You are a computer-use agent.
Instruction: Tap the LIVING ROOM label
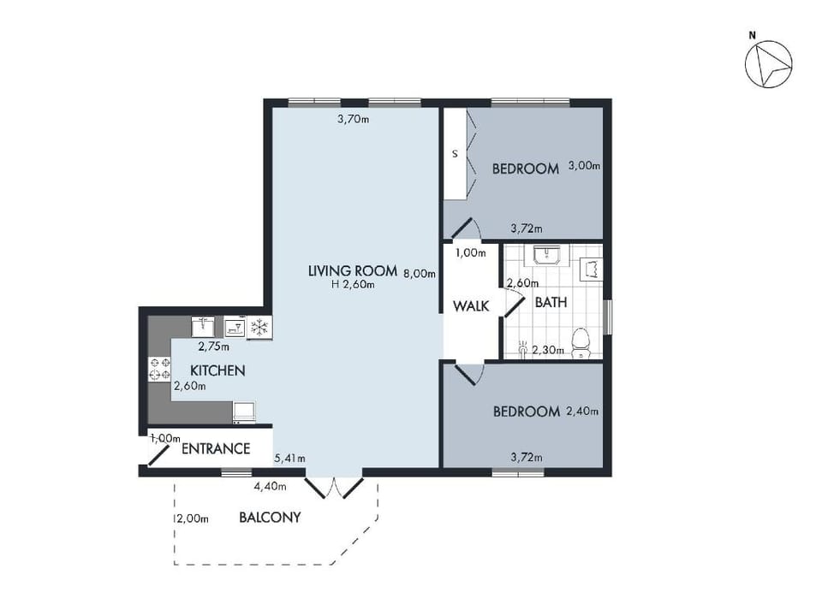352,271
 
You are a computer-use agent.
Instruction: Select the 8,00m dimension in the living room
420,273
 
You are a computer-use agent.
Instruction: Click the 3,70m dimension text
353,119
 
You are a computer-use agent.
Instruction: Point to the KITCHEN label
217,370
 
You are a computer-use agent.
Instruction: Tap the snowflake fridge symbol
259,328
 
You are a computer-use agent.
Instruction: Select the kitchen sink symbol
202,327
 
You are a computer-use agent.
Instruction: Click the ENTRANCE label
216,448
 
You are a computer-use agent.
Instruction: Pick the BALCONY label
270,517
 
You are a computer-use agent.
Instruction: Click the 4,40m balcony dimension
270,486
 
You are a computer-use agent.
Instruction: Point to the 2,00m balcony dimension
193,518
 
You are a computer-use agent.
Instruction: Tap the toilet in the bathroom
581,342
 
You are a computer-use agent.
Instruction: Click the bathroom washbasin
548,255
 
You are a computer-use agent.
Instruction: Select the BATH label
551,302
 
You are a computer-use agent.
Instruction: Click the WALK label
471,306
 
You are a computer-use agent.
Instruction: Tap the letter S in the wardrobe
455,154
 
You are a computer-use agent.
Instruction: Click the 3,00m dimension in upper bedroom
585,165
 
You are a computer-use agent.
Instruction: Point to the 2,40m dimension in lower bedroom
582,412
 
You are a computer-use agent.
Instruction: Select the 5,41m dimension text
290,459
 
